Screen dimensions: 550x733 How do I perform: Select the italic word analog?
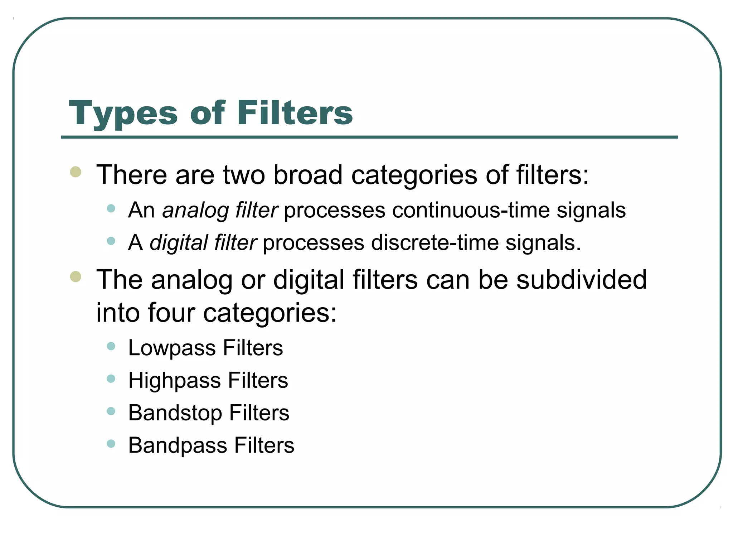click(195, 211)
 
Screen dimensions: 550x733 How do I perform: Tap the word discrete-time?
click(435, 243)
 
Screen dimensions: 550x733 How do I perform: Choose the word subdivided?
click(581, 280)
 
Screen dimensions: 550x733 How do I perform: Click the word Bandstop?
click(175, 413)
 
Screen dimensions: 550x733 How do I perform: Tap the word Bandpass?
click(178, 445)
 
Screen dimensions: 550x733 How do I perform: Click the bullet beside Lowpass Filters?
click(111, 346)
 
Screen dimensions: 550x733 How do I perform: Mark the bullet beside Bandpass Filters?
click(111, 444)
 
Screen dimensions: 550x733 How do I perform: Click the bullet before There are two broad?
click(76, 172)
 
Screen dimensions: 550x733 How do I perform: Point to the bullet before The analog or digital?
click(76, 277)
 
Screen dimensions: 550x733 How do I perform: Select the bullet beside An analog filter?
click(111, 208)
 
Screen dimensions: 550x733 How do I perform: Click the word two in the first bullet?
click(244, 175)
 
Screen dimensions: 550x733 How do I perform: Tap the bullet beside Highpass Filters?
click(111, 378)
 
